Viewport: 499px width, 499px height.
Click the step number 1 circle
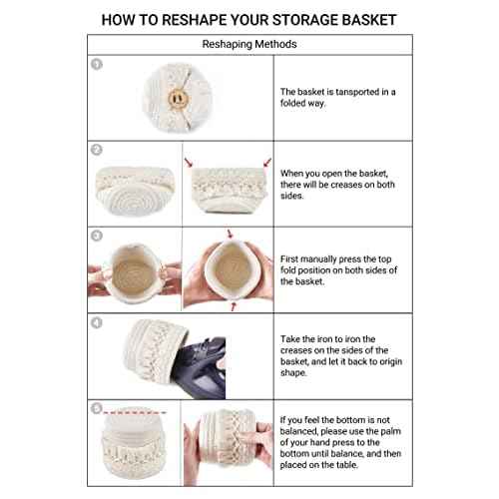coord(97,64)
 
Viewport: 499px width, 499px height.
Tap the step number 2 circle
coord(97,150)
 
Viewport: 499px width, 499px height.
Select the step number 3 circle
coord(97,237)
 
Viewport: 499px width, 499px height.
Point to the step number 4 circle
coord(97,322)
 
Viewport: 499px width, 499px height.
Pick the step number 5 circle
coord(97,408)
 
